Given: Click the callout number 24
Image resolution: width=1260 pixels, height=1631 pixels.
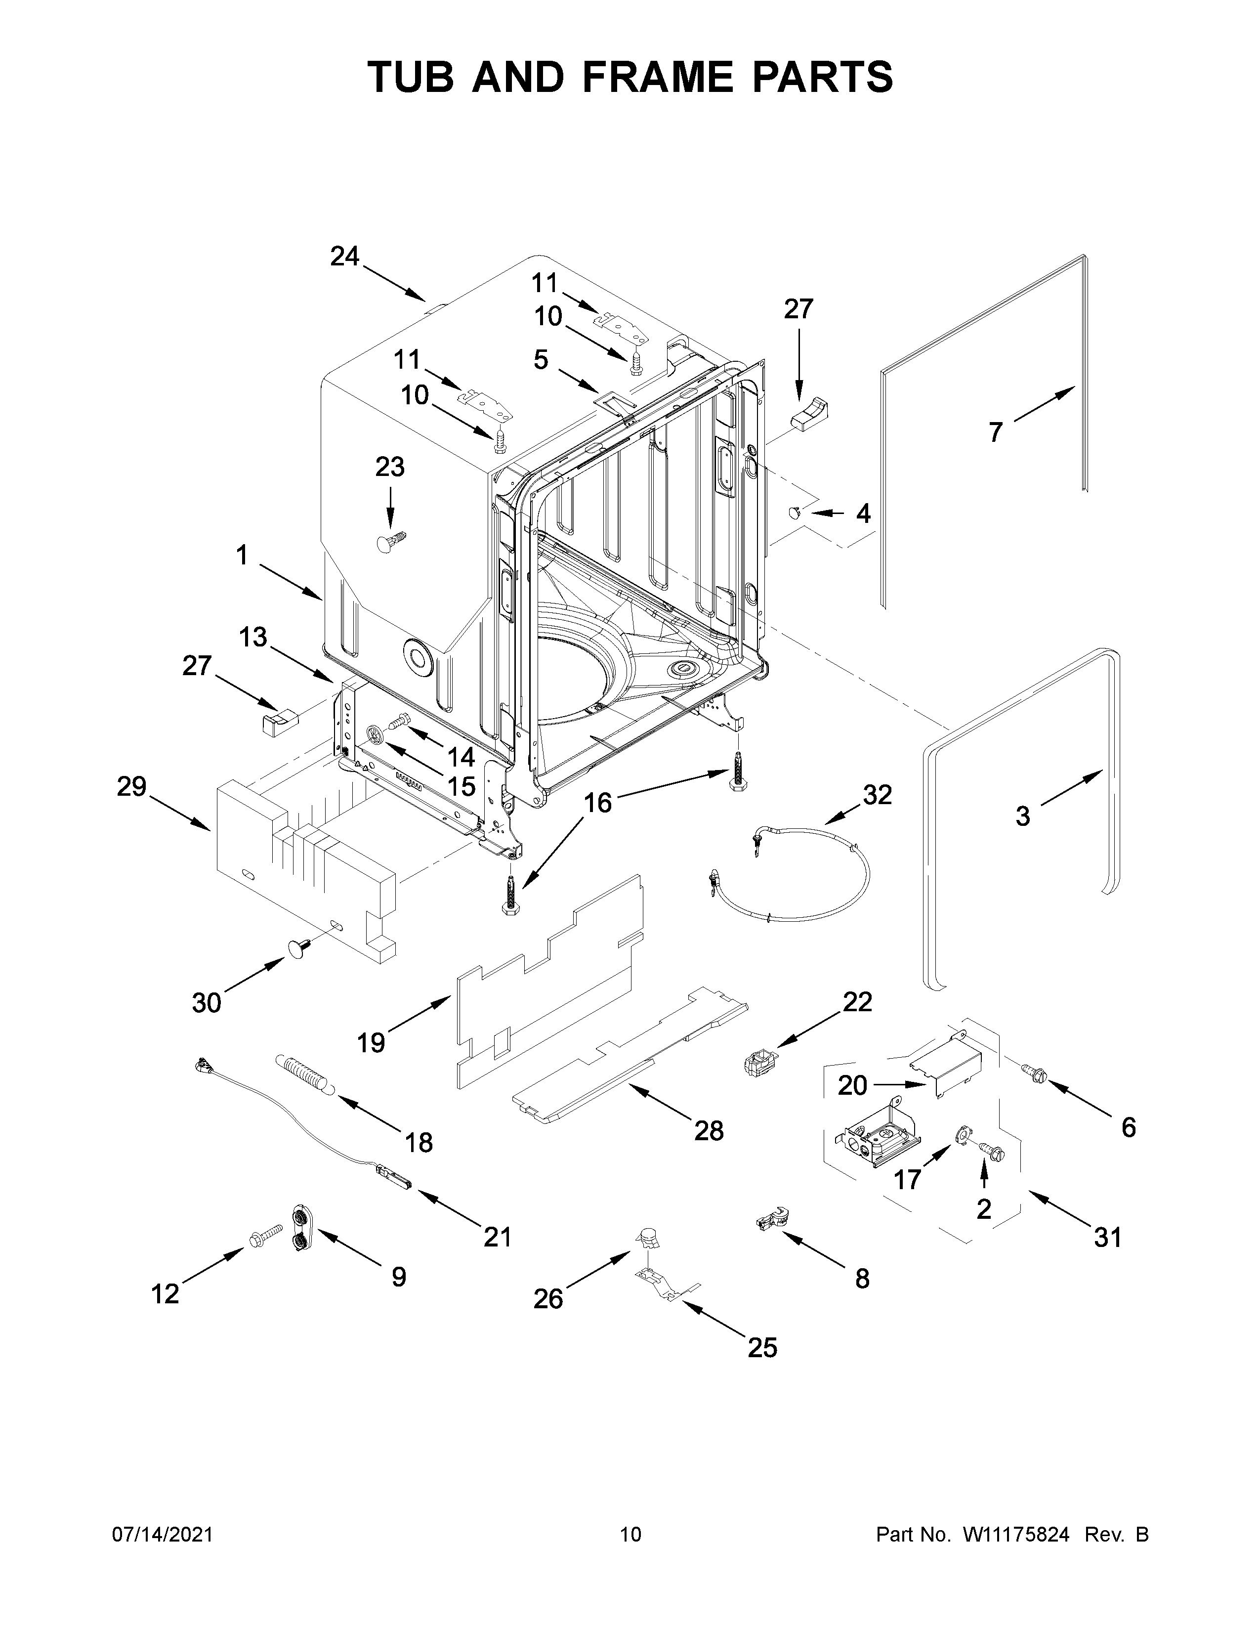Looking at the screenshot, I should [x=345, y=257].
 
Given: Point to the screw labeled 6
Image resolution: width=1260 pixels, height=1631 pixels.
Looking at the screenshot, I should [x=1035, y=1073].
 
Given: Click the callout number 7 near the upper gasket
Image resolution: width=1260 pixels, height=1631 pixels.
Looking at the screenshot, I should [x=996, y=432].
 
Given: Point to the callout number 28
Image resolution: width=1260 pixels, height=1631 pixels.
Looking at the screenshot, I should [x=709, y=1131].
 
